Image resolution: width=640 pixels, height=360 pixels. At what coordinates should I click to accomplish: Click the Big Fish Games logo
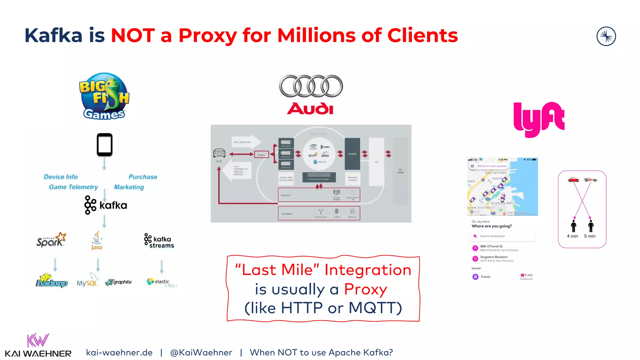(x=104, y=96)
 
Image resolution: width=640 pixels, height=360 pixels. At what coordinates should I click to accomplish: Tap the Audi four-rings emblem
(x=311, y=86)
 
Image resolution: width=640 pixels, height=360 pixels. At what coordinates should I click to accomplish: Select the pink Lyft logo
(x=539, y=119)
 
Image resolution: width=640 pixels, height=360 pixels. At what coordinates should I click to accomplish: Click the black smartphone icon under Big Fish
(x=104, y=145)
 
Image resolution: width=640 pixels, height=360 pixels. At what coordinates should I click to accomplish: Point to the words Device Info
(x=61, y=177)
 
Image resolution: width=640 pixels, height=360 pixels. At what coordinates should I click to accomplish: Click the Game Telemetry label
(x=73, y=187)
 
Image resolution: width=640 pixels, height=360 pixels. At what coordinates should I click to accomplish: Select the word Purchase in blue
(x=143, y=177)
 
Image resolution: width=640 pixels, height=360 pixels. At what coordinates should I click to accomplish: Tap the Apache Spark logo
(x=51, y=240)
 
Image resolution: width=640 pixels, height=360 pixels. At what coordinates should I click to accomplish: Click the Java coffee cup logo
(x=97, y=240)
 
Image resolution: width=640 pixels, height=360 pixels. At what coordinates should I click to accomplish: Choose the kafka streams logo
(x=159, y=241)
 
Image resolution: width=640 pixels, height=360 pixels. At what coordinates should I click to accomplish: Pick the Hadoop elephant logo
(x=52, y=281)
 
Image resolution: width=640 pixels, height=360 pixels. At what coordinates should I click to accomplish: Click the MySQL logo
(x=87, y=281)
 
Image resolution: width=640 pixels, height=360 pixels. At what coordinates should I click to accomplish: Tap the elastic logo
(x=158, y=282)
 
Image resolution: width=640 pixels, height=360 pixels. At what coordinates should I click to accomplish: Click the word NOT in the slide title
(x=133, y=35)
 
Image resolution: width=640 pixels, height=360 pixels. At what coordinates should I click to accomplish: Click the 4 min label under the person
(x=572, y=236)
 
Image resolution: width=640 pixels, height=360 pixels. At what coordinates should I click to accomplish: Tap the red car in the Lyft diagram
(x=573, y=179)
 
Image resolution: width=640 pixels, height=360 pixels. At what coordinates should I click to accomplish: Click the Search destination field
(x=502, y=236)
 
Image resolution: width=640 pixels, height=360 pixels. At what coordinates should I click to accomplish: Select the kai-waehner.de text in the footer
(x=119, y=352)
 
